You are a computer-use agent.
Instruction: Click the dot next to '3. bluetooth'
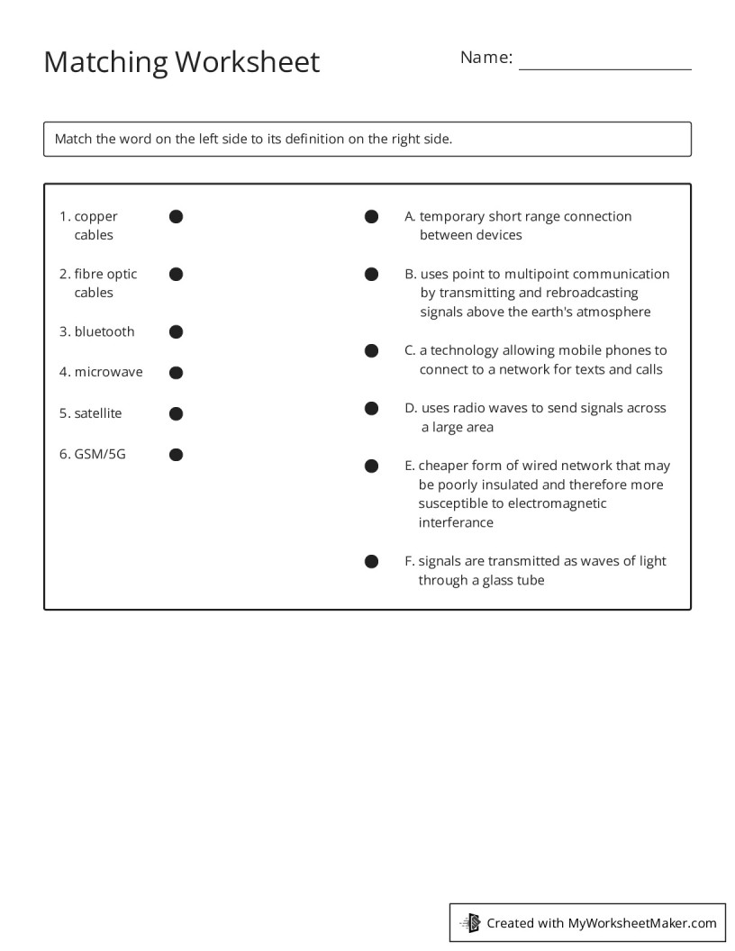click(x=177, y=332)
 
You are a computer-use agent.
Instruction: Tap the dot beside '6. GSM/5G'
click(x=177, y=455)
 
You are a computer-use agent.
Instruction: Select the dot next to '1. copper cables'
click(x=177, y=216)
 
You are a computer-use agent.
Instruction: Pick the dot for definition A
click(x=371, y=216)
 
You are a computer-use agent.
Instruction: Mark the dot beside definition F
click(x=371, y=562)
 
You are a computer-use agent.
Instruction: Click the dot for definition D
click(x=371, y=408)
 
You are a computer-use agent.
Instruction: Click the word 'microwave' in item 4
click(x=108, y=372)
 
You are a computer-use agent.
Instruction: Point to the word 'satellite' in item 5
click(x=98, y=413)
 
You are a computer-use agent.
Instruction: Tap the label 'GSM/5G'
click(x=100, y=454)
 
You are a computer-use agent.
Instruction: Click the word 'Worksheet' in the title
click(x=247, y=62)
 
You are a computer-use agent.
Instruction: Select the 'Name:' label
click(x=485, y=58)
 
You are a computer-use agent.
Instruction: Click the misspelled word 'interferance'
click(x=456, y=522)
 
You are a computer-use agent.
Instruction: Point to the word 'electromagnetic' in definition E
click(x=557, y=503)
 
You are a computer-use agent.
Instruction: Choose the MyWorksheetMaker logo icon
click(x=470, y=922)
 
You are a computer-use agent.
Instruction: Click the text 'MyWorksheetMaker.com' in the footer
click(x=641, y=922)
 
